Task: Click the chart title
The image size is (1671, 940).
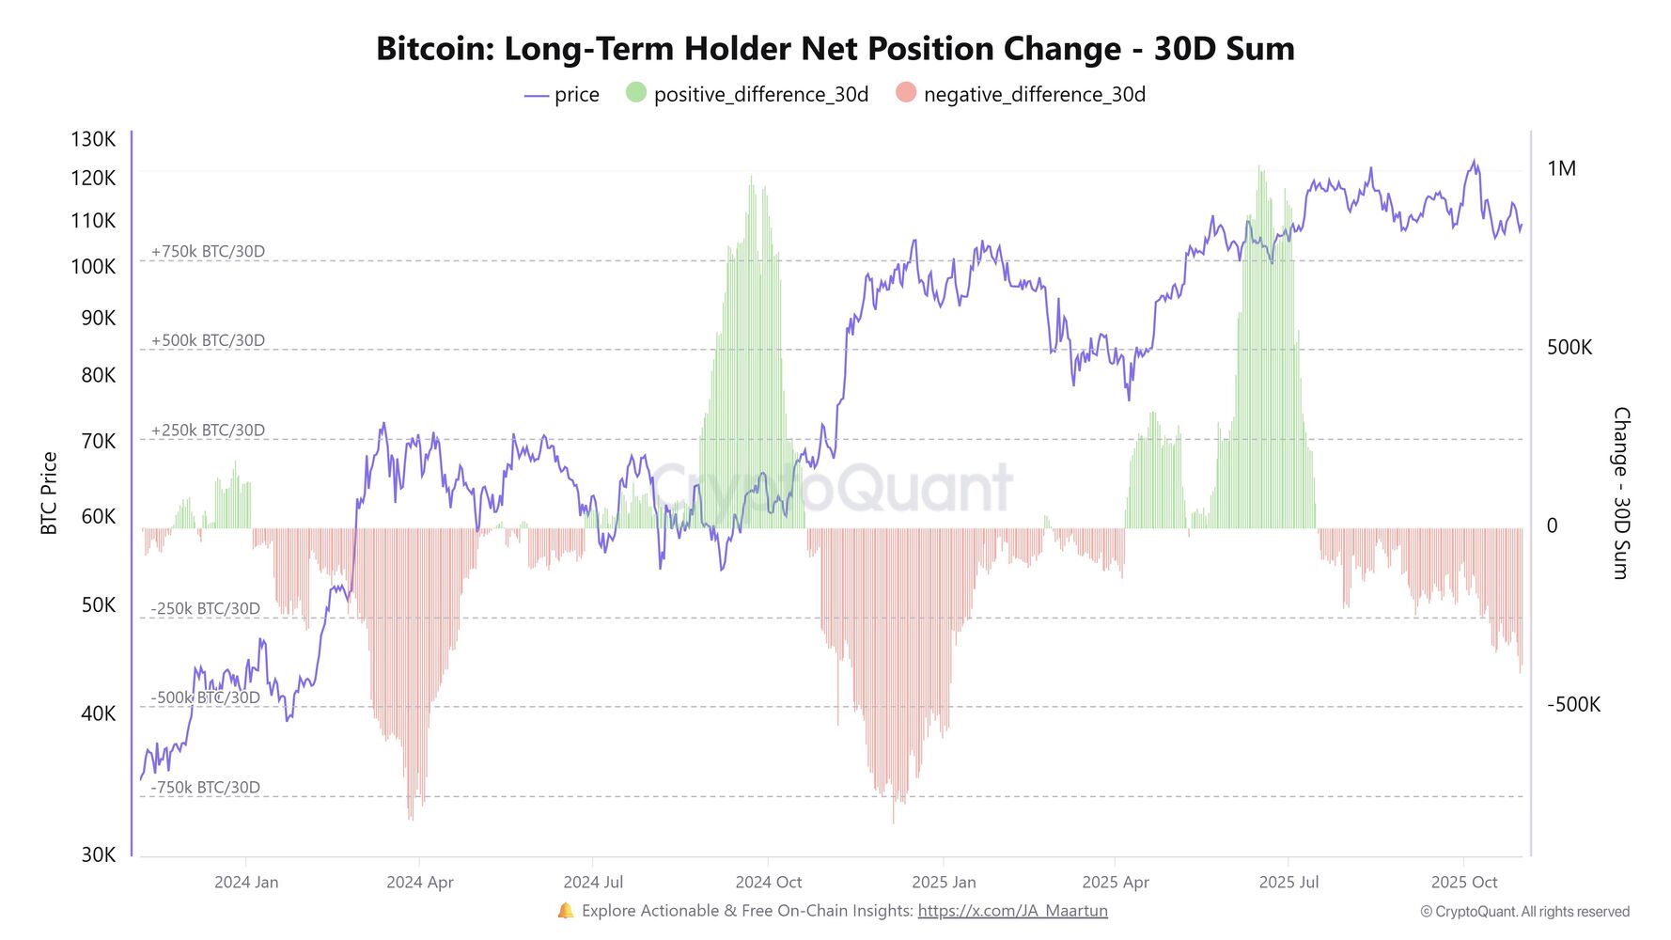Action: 835,49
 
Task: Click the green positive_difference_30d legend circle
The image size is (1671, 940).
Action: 636,93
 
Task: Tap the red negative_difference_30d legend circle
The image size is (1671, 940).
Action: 906,93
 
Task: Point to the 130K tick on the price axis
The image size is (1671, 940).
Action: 93,139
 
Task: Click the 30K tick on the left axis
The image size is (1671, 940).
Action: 98,854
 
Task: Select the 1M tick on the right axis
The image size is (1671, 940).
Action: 1561,168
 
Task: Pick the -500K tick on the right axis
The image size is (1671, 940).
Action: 1573,705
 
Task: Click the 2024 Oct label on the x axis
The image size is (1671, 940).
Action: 768,883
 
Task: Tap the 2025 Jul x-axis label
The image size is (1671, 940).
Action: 1288,883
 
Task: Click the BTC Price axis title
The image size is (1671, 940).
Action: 49,493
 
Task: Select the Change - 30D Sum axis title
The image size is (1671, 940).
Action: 1620,493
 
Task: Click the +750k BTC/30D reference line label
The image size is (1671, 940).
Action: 208,252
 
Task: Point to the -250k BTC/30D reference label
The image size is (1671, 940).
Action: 206,609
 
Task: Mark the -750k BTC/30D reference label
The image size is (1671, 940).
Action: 206,788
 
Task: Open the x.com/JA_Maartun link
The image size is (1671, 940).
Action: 1012,911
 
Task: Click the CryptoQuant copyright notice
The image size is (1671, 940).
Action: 1524,912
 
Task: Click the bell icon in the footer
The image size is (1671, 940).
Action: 565,911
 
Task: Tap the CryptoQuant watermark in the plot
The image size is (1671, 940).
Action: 833,487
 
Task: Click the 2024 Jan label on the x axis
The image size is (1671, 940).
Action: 246,883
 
